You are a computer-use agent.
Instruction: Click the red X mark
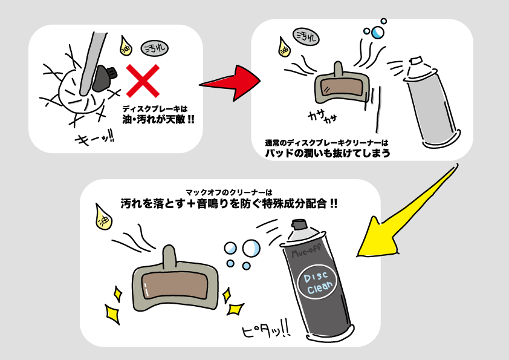[143, 80]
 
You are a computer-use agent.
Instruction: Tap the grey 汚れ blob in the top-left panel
[155, 49]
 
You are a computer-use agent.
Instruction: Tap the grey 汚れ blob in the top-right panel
[306, 37]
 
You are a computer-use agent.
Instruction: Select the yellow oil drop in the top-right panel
[284, 47]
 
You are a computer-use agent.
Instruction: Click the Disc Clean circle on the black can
[317, 282]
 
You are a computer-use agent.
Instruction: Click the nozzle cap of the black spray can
[299, 224]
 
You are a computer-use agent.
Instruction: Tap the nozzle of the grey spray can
[417, 61]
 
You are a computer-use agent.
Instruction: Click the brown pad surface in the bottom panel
[174, 286]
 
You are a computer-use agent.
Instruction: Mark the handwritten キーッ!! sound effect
[94, 139]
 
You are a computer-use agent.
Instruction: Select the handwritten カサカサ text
[322, 116]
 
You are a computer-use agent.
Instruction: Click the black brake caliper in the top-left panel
[103, 77]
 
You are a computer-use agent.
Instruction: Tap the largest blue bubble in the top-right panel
[377, 32]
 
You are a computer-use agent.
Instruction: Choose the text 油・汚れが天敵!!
[158, 119]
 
